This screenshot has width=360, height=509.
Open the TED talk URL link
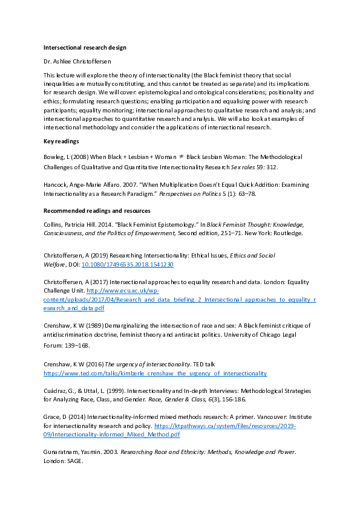tap(154, 374)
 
